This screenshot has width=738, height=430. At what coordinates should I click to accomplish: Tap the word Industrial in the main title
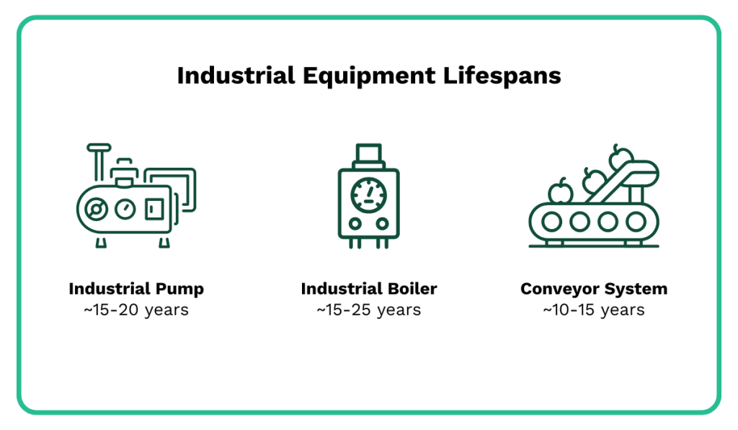tap(223, 76)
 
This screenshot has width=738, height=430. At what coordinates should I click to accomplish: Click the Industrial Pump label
tap(136, 289)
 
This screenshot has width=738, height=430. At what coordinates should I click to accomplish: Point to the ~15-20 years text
tap(136, 310)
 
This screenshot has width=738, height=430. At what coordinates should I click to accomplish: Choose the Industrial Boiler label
tap(369, 289)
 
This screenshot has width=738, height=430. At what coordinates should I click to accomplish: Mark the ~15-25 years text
tap(369, 310)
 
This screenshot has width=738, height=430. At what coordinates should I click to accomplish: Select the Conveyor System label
tap(594, 289)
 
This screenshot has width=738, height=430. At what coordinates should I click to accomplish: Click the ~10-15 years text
tap(594, 310)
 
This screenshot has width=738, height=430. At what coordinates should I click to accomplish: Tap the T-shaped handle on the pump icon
tap(99, 150)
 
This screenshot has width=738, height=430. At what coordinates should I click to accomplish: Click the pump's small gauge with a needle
tap(125, 209)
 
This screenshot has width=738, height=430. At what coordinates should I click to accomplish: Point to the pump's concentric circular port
tap(94, 210)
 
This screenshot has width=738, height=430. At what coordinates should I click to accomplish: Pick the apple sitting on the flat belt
tap(560, 192)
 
